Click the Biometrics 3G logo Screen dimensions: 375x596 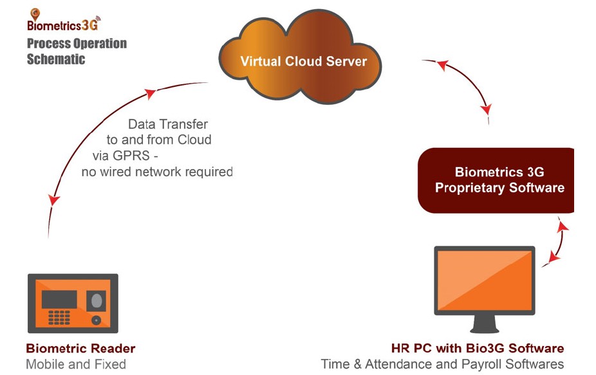(x=63, y=23)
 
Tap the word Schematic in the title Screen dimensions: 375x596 (x=56, y=59)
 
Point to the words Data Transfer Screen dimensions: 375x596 (x=168, y=123)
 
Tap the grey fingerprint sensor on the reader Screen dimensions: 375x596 (x=97, y=300)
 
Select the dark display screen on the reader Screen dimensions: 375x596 (x=59, y=298)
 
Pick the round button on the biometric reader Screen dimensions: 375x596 (x=97, y=319)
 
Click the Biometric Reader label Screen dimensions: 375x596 (x=80, y=349)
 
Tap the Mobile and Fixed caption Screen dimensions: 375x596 (x=76, y=365)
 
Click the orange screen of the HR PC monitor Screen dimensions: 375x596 (x=484, y=280)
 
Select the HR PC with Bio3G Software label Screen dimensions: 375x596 (x=478, y=349)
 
